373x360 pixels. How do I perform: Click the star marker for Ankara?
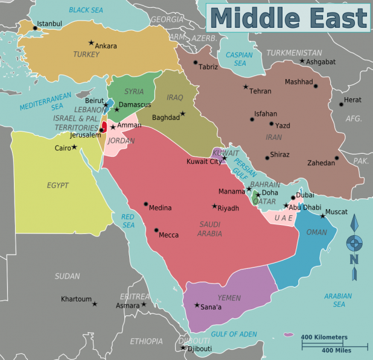pos(91,43)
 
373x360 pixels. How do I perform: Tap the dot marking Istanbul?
pos(34,28)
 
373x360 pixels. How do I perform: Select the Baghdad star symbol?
pos(183,113)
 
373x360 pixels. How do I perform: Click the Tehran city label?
pos(260,91)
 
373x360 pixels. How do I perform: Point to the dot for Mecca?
pos(156,230)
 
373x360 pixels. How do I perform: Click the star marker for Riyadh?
pos(214,206)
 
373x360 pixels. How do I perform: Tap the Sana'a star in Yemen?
pos(197,305)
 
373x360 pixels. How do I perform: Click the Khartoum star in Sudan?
pos(95,303)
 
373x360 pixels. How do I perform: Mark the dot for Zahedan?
pos(337,159)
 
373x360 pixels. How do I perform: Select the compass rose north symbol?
pos(354,242)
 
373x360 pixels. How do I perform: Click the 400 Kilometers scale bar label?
pos(324,337)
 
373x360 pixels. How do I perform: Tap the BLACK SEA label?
pos(86,10)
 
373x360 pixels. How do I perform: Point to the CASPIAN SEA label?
pos(239,58)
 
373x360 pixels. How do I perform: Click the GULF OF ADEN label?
pos(234,334)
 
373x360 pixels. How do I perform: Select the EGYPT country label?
pos(58,185)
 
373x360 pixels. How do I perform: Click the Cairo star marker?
pos(74,147)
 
